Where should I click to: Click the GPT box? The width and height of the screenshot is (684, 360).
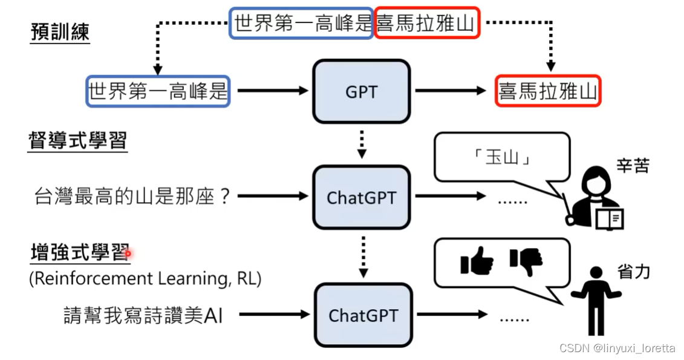(361, 91)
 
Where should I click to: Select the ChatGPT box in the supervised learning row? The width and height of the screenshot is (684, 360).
(361, 197)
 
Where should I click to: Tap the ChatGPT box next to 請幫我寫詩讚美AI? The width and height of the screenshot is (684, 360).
(362, 315)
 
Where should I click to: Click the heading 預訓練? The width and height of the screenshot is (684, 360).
(60, 32)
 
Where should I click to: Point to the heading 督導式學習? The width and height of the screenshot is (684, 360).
(77, 141)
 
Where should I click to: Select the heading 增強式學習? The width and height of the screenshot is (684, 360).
(79, 253)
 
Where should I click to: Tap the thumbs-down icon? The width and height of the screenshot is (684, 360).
(526, 261)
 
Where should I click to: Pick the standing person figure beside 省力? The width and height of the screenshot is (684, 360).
(596, 300)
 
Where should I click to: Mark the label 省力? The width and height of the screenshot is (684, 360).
(634, 272)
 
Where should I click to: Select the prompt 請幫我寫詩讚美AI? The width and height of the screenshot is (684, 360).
(143, 315)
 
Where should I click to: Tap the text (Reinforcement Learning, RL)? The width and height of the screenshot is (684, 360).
(145, 279)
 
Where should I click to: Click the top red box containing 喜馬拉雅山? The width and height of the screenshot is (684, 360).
(427, 23)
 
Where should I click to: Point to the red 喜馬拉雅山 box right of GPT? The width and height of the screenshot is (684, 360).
(547, 91)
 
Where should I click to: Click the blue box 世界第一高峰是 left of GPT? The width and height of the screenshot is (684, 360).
(158, 91)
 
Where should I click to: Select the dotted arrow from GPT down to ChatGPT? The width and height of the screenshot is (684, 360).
(361, 143)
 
